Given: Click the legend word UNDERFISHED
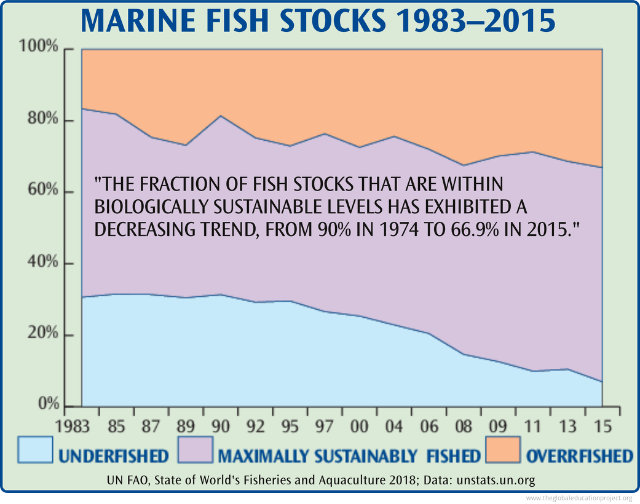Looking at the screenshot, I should (113, 456).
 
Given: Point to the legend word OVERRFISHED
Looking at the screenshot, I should (579, 456).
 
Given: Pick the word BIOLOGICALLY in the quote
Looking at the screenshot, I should (151, 207).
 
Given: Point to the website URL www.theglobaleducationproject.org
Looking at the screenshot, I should (580, 498).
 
